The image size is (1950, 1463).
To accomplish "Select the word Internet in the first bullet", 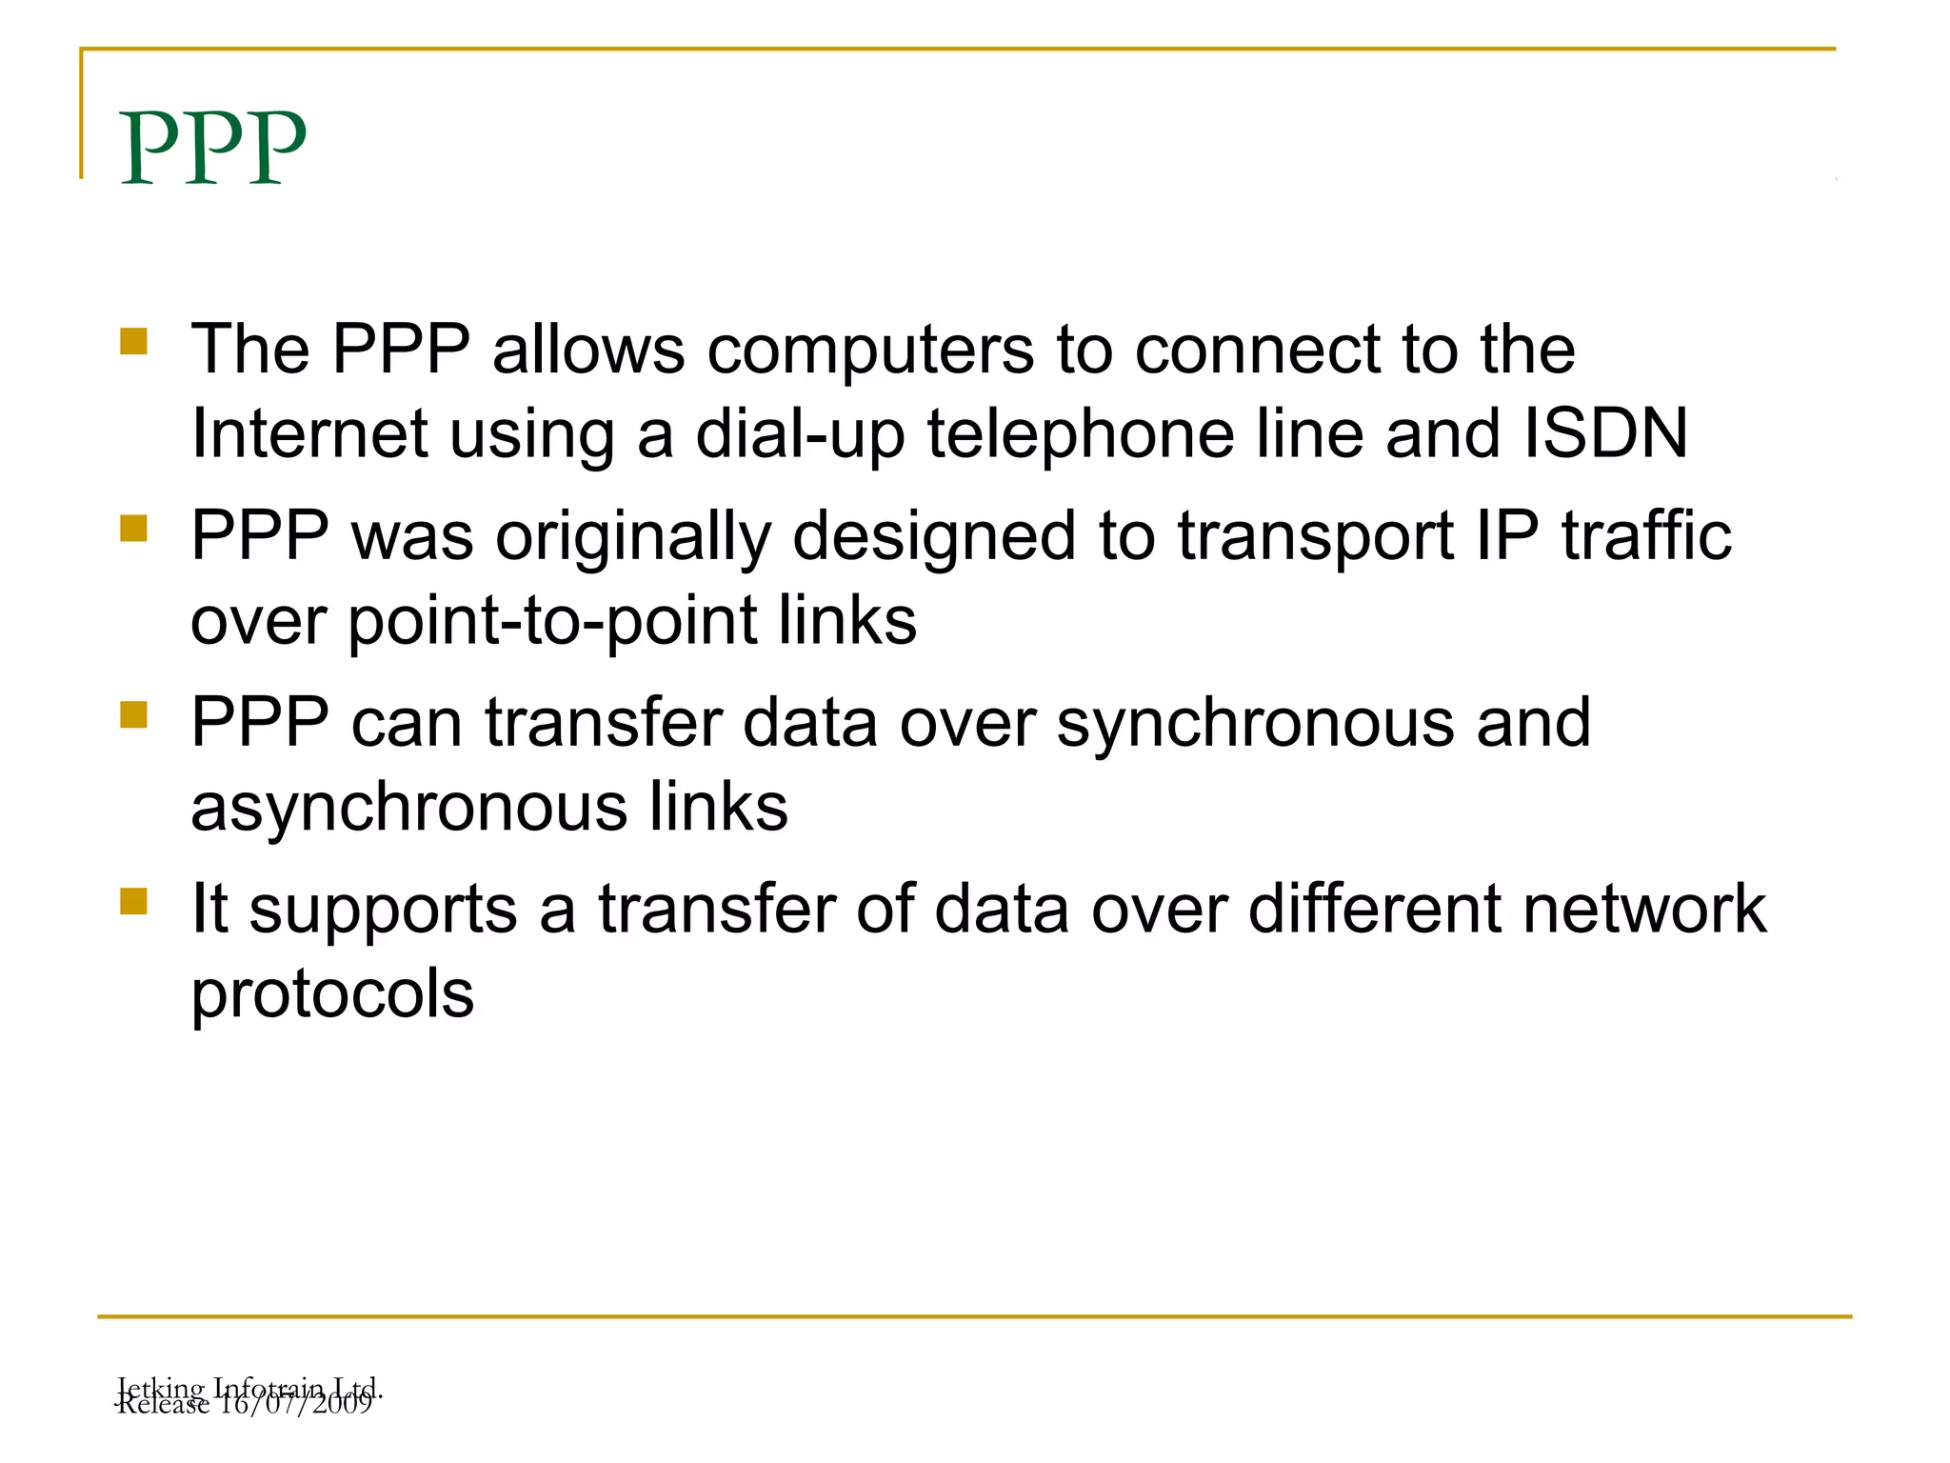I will click(x=309, y=433).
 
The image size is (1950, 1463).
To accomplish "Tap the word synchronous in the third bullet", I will click(x=1255, y=725).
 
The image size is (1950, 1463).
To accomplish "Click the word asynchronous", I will click(x=408, y=809).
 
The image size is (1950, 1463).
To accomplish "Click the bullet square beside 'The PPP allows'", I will click(x=134, y=341).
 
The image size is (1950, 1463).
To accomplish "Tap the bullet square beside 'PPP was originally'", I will click(x=134, y=528).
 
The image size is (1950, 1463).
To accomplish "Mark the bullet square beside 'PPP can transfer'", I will click(x=134, y=714).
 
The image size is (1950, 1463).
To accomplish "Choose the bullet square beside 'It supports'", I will click(x=134, y=901).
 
